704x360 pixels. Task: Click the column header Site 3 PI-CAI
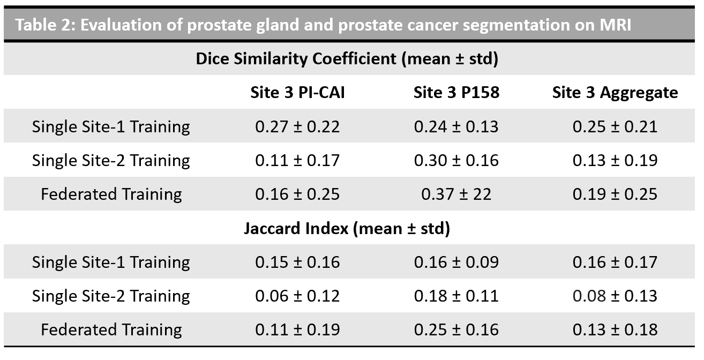pos(297,92)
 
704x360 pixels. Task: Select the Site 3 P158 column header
pos(456,92)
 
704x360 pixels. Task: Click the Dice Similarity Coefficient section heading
pos(347,59)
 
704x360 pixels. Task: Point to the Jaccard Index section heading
pos(347,228)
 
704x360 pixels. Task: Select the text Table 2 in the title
pos(44,25)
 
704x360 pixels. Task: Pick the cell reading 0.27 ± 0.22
pos(297,126)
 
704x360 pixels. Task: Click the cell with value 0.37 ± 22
pos(456,194)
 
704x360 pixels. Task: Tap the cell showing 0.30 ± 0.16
pos(456,160)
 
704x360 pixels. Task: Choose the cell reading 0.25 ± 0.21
pos(615,126)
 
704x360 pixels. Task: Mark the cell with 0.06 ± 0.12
pos(297,296)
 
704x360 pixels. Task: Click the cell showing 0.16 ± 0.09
pos(456,262)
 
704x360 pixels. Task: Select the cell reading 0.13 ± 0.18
pos(615,329)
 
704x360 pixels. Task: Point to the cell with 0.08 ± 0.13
pos(615,296)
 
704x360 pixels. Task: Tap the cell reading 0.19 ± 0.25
pos(615,194)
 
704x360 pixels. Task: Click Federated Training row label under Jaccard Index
pos(111,330)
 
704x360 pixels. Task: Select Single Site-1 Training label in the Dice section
pos(111,127)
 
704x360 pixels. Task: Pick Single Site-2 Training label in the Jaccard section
pos(111,296)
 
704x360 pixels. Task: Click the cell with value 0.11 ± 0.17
pos(297,160)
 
